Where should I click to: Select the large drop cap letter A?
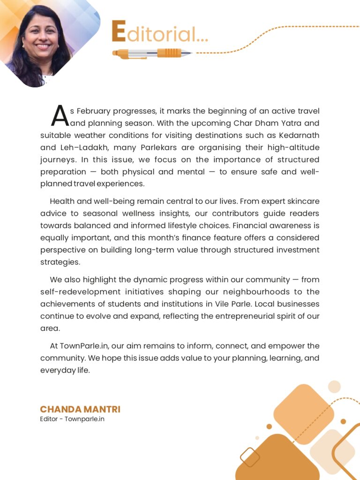60,116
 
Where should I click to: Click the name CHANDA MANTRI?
80,409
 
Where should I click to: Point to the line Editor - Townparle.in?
72,419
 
